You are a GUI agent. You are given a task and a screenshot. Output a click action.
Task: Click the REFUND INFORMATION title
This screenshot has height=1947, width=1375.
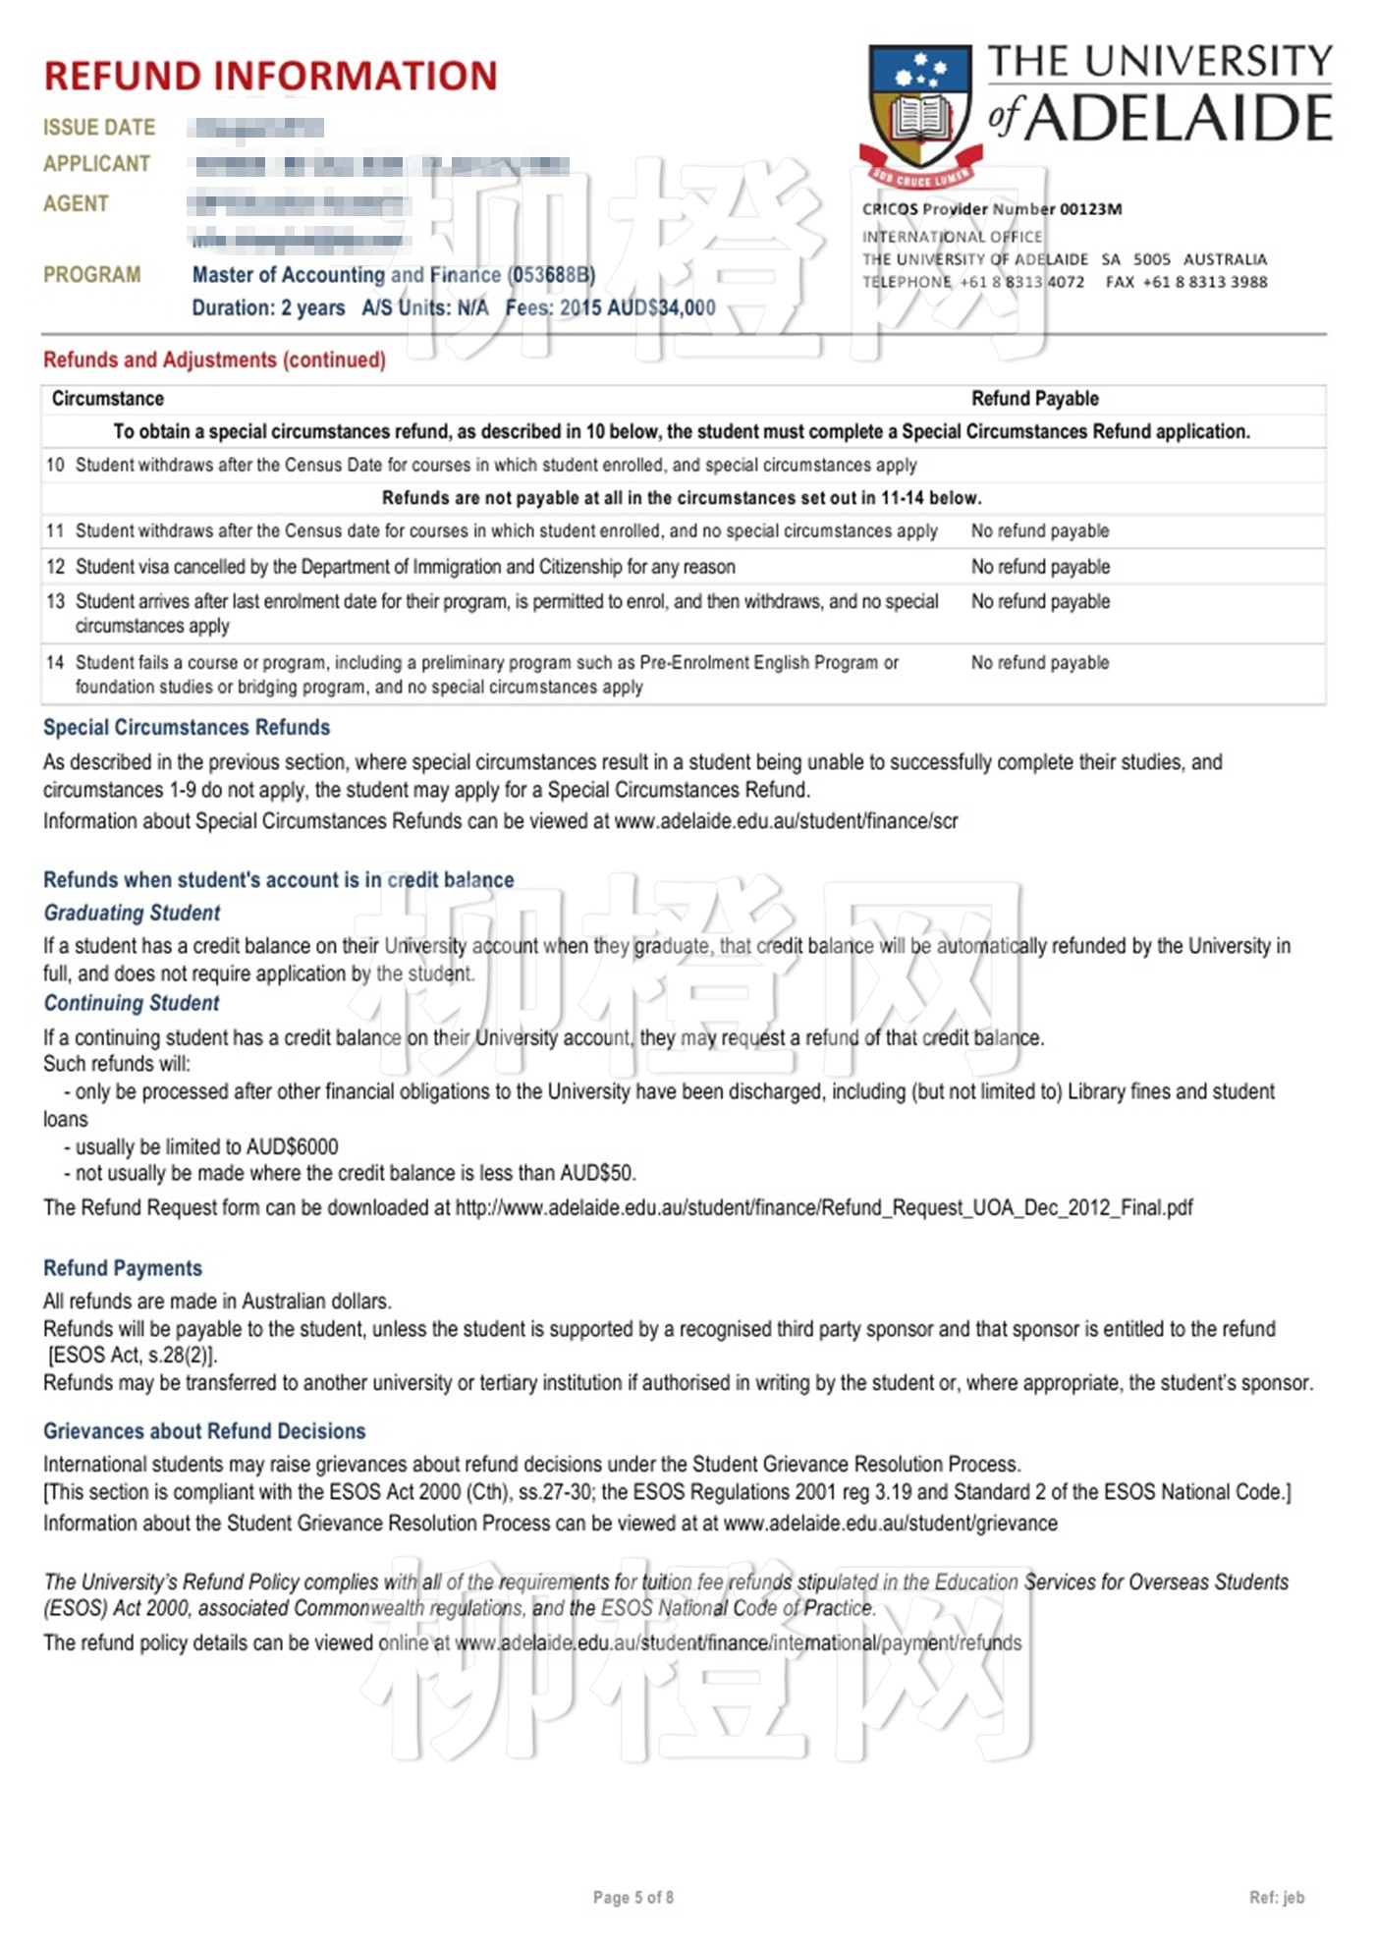270,76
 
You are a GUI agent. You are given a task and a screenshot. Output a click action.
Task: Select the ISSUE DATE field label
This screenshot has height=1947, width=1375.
99,128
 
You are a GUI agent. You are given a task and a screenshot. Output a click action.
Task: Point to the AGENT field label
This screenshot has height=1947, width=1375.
76,203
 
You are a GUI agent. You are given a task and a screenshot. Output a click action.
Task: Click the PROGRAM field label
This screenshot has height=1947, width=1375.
92,275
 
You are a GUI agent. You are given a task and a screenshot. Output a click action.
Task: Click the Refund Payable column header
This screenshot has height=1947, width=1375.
1034,399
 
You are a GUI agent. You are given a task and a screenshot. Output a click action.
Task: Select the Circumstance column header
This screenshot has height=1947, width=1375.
108,399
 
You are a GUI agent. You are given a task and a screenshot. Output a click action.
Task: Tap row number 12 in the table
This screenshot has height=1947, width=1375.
55,567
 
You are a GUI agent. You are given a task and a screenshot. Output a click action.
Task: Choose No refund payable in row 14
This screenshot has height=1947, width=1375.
1039,663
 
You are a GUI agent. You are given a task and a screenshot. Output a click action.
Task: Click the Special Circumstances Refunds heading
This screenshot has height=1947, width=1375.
187,728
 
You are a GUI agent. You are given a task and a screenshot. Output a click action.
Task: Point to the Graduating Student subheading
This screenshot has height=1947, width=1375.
132,914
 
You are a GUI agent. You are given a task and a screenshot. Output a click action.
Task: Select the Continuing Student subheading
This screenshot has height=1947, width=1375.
132,1004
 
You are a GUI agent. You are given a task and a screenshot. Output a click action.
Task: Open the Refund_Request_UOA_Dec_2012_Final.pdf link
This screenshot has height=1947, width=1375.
823,1208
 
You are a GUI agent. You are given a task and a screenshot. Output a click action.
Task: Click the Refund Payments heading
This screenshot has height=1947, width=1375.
123,1269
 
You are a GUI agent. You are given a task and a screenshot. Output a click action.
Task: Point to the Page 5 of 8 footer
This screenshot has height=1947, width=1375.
633,1898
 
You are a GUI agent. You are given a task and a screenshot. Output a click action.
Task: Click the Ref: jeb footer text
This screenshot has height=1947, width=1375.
1276,1898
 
